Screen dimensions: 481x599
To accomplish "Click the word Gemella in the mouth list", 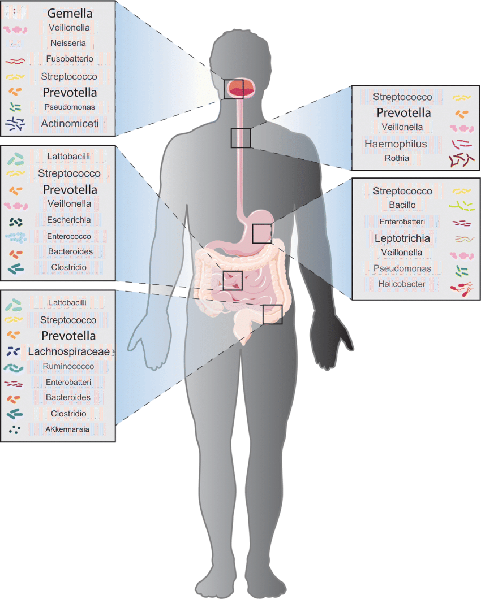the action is point(70,14).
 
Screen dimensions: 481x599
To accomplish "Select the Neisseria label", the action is point(68,43).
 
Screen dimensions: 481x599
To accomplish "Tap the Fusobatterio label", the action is point(70,59).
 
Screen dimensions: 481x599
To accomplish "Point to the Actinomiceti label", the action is point(70,123).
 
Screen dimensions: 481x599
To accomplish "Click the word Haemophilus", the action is point(396,144).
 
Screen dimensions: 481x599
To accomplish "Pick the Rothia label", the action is point(397,158).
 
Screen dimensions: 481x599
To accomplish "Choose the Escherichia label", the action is point(69,220).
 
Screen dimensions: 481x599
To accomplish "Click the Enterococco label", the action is point(69,236).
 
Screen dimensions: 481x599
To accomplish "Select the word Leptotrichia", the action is point(402,238).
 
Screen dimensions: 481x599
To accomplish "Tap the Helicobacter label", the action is point(402,284).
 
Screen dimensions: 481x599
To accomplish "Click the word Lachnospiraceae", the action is point(69,351).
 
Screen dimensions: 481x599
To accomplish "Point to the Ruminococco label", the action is point(68,366).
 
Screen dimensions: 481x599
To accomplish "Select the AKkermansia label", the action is point(67,429).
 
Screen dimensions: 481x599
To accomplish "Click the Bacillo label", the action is point(402,205).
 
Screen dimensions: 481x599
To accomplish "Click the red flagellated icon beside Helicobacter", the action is point(462,289).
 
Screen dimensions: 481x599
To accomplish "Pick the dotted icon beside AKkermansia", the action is point(15,430).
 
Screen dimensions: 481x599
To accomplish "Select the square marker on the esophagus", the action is point(240,138).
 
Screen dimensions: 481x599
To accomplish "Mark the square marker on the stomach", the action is point(262,234).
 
